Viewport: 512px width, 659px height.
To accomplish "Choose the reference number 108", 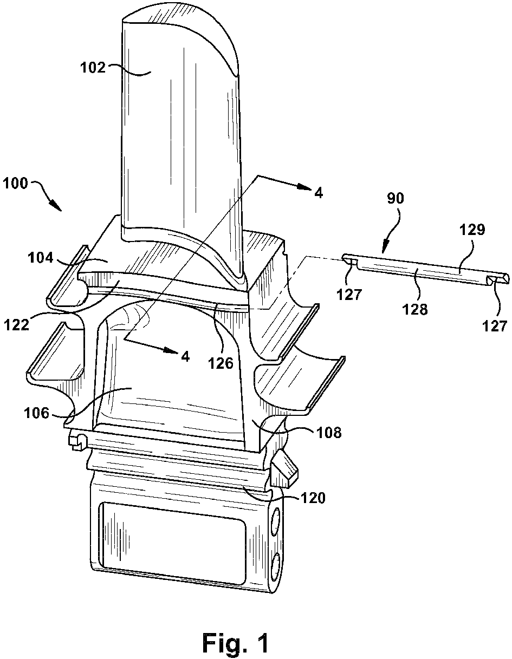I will pyautogui.click(x=330, y=432).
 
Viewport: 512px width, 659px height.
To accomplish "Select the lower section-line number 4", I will pyautogui.click(x=186, y=356).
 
